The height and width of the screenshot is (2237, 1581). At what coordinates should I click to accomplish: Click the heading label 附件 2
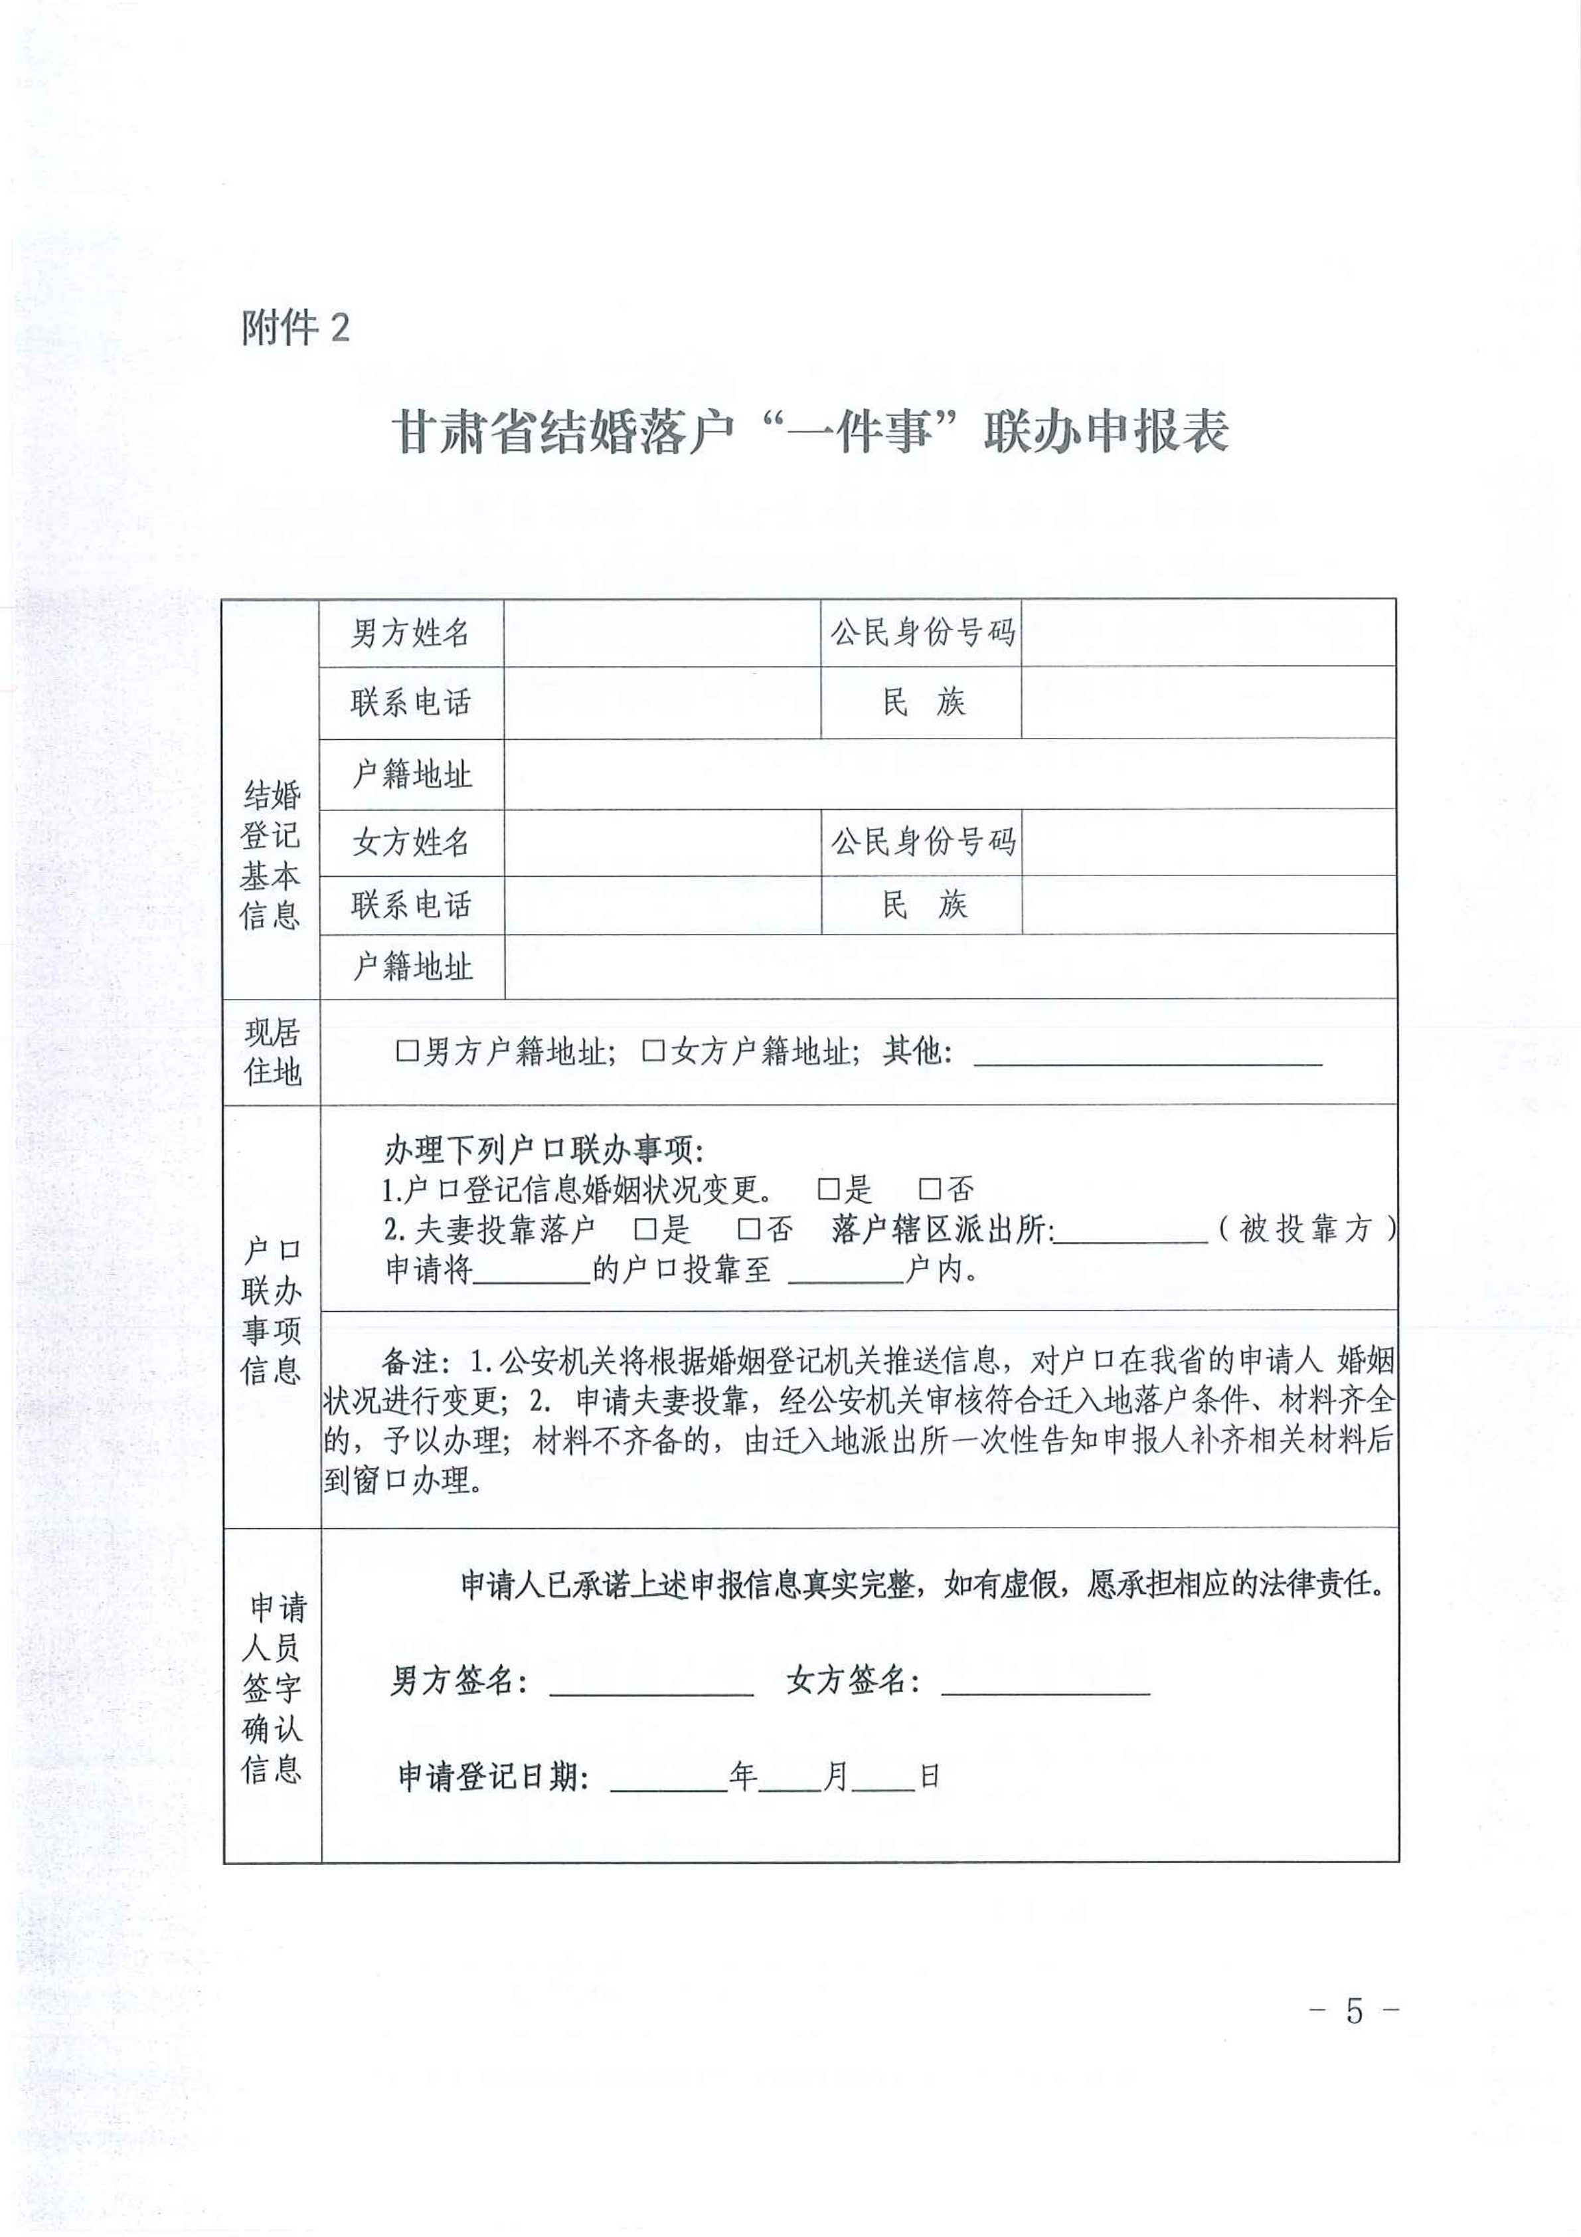pyautogui.click(x=295, y=328)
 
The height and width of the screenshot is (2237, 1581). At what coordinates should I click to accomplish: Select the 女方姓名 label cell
pyautogui.click(x=410, y=842)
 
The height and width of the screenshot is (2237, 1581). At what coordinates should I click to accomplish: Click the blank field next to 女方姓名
pyautogui.click(x=661, y=842)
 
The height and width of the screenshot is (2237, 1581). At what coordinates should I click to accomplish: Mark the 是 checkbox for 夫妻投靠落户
pyautogui.click(x=645, y=1229)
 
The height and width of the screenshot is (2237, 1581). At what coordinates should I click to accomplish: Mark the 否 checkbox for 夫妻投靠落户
pyautogui.click(x=748, y=1229)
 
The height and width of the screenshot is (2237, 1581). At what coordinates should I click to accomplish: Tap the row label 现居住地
pyautogui.click(x=272, y=1052)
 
